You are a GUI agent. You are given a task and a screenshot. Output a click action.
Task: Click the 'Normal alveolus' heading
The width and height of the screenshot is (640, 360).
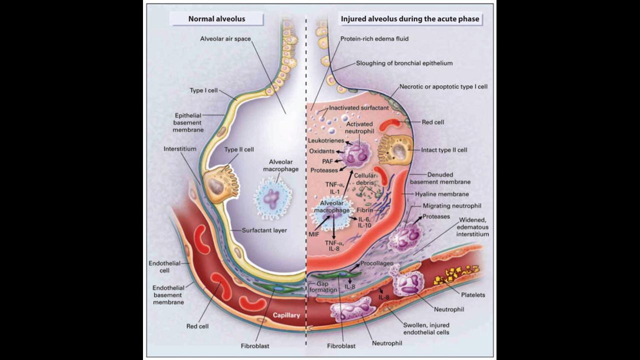pyautogui.click(x=217, y=19)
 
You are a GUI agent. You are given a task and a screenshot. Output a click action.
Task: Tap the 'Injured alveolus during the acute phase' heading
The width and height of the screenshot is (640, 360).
pyautogui.click(x=409, y=19)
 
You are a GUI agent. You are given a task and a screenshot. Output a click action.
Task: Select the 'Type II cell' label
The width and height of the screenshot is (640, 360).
pyautogui.click(x=239, y=149)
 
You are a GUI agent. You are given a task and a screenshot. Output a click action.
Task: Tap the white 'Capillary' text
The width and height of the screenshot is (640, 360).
pyautogui.click(x=286, y=315)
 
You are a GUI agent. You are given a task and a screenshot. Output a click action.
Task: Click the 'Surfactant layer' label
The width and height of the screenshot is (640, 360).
pyautogui.click(x=264, y=230)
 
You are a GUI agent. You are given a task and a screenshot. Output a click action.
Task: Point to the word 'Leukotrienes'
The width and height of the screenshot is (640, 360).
pyautogui.click(x=325, y=140)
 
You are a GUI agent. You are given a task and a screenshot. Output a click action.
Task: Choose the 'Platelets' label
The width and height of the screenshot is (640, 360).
pyautogui.click(x=472, y=295)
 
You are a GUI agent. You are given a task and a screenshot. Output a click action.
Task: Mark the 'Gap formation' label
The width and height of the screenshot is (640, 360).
pyautogui.click(x=319, y=286)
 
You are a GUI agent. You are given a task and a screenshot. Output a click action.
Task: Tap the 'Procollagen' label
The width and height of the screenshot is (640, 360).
pyautogui.click(x=375, y=263)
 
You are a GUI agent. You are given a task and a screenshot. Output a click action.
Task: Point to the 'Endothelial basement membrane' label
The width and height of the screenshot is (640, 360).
pyautogui.click(x=168, y=294)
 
